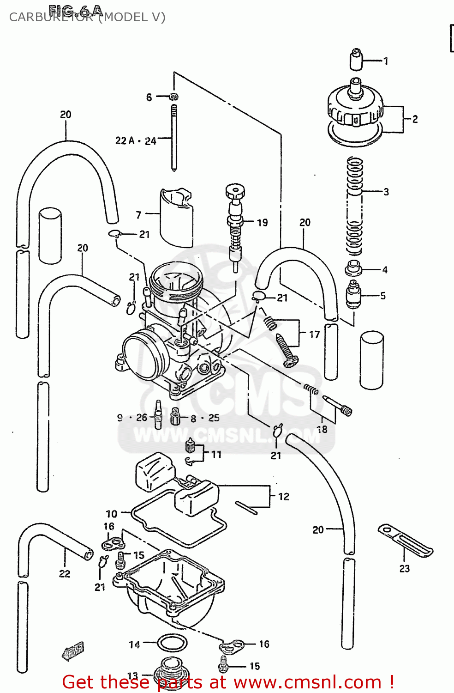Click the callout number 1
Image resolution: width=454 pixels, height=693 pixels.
tap(386, 61)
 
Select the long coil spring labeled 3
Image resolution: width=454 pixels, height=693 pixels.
tap(354, 206)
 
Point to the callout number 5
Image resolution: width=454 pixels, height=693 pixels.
tap(383, 296)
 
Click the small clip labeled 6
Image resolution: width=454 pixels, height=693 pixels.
tap(174, 97)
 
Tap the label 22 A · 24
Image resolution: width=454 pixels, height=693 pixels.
tap(136, 141)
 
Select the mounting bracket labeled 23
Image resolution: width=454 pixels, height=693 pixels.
tap(405, 541)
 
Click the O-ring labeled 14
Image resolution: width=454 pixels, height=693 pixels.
tap(173, 643)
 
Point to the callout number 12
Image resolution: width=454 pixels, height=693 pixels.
tap(284, 497)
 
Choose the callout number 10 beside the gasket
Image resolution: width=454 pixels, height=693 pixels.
tap(112, 514)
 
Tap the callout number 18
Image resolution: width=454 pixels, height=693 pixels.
tap(322, 429)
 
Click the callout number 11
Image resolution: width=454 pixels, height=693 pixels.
tap(216, 455)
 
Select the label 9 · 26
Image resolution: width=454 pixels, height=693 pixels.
tap(132, 418)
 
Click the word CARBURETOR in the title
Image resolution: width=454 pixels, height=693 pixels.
tap(51, 18)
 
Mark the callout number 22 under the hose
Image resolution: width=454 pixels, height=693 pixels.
tap(65, 574)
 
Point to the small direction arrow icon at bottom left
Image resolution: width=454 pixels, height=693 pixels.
tap(73, 650)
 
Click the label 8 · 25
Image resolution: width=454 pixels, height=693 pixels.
tap(205, 418)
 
